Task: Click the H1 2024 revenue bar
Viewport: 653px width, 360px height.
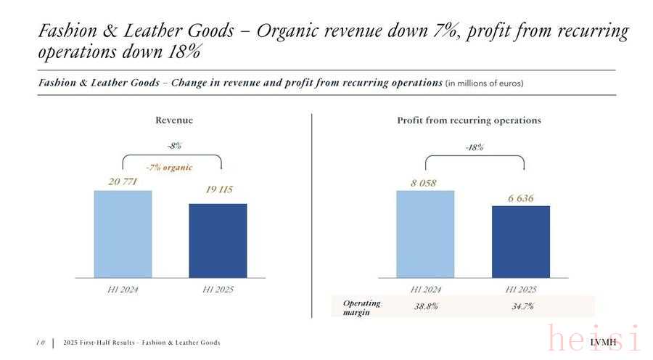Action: [x=123, y=234]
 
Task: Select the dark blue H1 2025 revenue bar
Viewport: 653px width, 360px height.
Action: [x=218, y=240]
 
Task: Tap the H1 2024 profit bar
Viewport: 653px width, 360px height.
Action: [x=425, y=234]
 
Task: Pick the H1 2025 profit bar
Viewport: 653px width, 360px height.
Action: [x=520, y=241]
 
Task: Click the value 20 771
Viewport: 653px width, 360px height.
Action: [x=123, y=181]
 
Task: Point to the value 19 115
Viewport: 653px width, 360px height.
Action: [x=218, y=190]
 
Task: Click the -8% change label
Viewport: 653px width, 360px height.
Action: [x=173, y=146]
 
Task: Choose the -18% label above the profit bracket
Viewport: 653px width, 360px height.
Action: [x=475, y=147]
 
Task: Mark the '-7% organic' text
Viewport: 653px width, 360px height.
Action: [x=169, y=168]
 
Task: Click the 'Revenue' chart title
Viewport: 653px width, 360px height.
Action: [x=174, y=120]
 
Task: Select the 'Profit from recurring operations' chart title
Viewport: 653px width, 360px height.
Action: [x=469, y=120]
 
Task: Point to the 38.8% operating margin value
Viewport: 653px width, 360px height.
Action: [x=426, y=306]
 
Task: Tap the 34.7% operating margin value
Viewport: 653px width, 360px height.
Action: [x=522, y=306]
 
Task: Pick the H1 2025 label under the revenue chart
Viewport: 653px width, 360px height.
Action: [x=218, y=290]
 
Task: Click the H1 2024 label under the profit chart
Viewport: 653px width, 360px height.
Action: [x=425, y=290]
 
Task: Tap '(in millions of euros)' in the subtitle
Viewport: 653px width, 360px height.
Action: [x=484, y=83]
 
